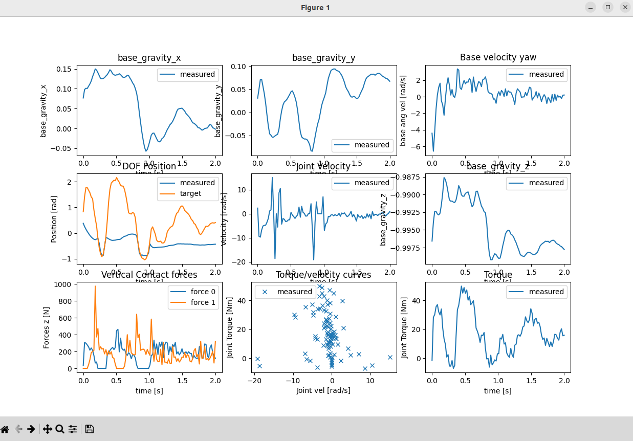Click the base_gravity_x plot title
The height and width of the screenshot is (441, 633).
[x=149, y=58]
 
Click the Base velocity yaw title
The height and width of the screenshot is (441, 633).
[x=498, y=57]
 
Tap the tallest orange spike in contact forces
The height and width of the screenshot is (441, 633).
[x=95, y=286]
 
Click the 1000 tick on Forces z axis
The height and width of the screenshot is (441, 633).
[x=65, y=285]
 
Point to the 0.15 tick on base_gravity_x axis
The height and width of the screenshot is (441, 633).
[x=64, y=69]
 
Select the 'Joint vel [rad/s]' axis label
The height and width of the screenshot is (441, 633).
[x=323, y=390]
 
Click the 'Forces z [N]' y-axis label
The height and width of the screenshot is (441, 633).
[x=47, y=325]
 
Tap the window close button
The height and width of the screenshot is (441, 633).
[x=625, y=7]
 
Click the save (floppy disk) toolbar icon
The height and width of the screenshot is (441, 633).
[x=89, y=429]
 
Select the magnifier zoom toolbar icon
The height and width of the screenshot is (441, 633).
[x=60, y=429]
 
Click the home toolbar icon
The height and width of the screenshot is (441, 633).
[x=5, y=429]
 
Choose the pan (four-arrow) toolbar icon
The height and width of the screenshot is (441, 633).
[x=47, y=429]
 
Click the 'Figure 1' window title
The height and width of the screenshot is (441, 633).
[x=315, y=8]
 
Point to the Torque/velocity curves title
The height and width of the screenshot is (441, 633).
[x=323, y=275]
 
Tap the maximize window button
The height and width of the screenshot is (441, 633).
[x=607, y=7]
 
